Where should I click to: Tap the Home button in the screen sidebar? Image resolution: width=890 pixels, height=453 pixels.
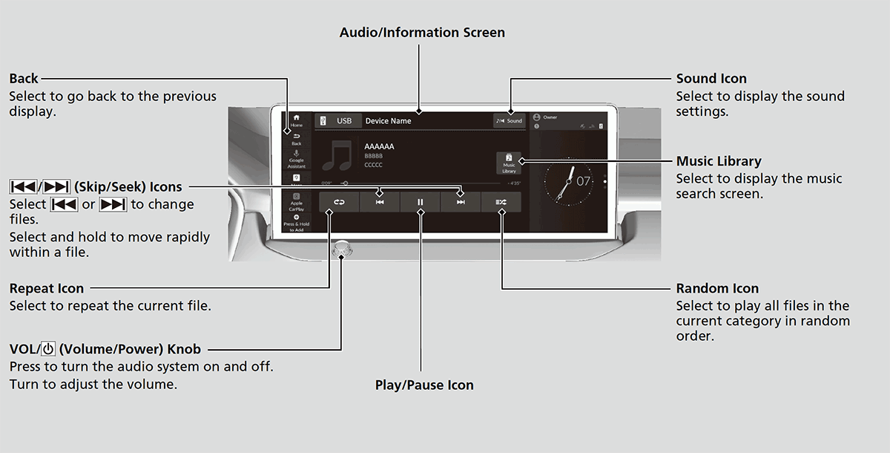pos(297,121)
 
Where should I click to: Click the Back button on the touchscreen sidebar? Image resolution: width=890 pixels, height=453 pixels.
pos(297,139)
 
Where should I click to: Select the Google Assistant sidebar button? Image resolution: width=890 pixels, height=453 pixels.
pos(297,159)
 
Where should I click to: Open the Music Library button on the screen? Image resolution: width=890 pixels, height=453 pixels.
pos(509,163)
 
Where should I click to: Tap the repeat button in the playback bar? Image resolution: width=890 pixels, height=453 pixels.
pos(339,202)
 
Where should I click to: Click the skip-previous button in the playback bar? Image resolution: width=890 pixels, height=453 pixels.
pos(379,202)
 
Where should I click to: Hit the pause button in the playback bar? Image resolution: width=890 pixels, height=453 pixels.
pos(420,202)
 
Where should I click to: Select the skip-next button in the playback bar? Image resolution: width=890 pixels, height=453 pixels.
pos(461,202)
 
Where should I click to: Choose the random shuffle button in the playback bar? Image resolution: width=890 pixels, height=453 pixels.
pos(501,202)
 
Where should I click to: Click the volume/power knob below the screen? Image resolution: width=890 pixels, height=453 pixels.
pos(340,251)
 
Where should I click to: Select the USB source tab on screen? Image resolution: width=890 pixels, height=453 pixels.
pos(338,120)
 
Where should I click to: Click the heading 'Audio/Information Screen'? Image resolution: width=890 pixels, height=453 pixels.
pos(422,33)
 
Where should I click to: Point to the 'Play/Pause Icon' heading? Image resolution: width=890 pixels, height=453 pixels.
pos(423,385)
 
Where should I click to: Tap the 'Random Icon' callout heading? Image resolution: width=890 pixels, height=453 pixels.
pos(716,288)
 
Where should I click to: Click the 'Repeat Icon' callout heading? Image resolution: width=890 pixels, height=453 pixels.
pos(47,288)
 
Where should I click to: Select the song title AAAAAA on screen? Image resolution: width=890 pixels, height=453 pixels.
pos(379,147)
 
